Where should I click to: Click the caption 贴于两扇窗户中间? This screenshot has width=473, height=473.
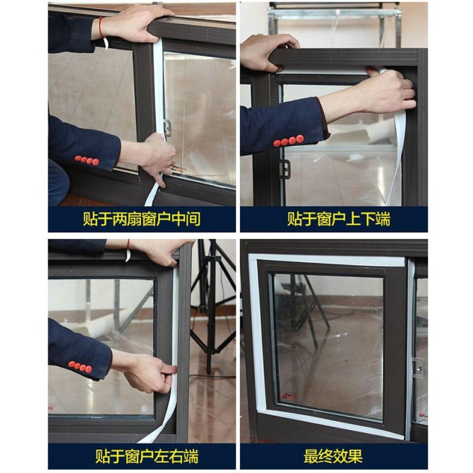(141, 219)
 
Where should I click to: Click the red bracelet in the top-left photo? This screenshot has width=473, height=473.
(101, 28)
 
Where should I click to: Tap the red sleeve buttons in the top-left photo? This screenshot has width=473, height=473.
(87, 160)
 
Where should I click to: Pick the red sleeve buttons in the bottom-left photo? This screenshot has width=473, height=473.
(80, 367)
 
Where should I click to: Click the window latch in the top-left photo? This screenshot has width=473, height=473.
(167, 127)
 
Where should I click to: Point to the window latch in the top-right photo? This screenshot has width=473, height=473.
(284, 169)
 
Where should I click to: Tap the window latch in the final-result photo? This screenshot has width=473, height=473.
(418, 367)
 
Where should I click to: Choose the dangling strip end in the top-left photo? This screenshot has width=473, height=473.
(151, 197)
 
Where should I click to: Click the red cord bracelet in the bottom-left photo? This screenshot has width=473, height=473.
(128, 245)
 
